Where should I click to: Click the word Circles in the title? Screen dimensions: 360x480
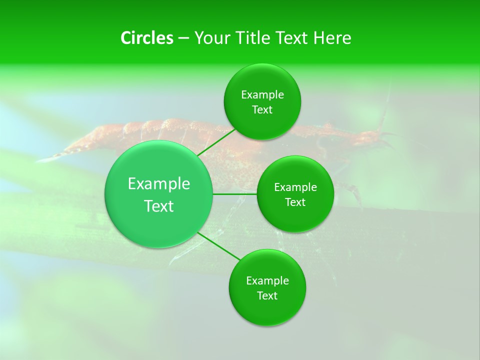tap(146, 38)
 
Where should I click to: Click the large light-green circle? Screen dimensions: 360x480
tap(158, 194)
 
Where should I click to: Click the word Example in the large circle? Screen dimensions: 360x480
tap(159, 184)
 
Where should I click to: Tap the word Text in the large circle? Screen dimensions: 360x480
tap(159, 206)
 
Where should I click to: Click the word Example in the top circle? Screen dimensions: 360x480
tap(262, 95)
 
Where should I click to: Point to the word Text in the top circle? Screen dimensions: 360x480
tap(262, 110)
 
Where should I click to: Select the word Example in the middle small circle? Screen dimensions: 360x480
tap(295, 187)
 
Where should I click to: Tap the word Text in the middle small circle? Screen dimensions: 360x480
tap(295, 202)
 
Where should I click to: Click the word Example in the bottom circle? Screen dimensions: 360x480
tap(267, 281)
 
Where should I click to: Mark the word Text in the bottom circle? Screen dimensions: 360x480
tap(267, 296)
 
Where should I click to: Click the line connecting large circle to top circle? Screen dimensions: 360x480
tap(216, 142)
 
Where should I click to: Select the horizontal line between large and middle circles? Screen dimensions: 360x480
tap(234, 194)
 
